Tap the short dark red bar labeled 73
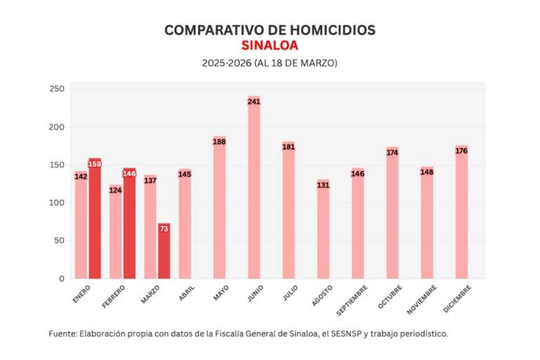point(164,253)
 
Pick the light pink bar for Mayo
point(219,211)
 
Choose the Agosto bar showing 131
point(323,232)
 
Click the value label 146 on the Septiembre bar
point(358,173)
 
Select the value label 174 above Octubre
point(392,152)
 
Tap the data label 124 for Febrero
point(116,190)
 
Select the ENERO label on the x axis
point(82,294)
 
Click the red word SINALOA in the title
point(269,46)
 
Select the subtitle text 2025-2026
point(221,63)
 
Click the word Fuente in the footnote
point(64,333)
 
